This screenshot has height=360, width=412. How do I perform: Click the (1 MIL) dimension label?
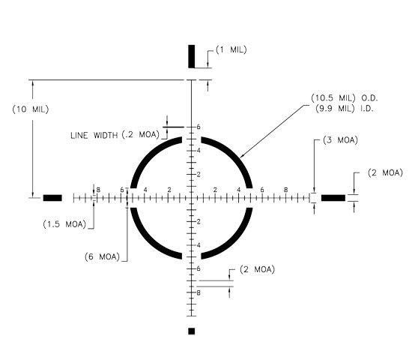coord(231,49)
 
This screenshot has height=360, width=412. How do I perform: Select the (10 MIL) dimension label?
coord(31,109)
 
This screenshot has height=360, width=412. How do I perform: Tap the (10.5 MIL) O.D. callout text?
coord(345,98)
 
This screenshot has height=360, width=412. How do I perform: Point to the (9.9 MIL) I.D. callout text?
coord(345,108)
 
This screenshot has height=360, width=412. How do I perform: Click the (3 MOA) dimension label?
coord(340,140)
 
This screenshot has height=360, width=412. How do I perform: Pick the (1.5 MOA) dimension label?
coord(64,224)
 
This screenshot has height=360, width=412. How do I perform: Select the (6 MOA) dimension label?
coord(102,256)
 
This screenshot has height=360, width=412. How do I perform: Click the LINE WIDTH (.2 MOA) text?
coord(115,135)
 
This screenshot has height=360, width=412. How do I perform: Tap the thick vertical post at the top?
coord(192,56)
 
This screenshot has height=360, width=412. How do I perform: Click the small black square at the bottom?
coord(192,331)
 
